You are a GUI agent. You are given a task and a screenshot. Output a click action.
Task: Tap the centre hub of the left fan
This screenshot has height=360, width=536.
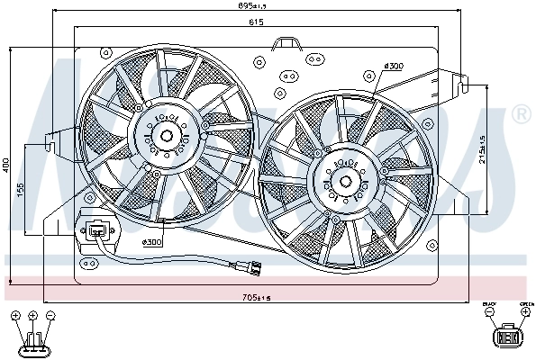click(x=167, y=137)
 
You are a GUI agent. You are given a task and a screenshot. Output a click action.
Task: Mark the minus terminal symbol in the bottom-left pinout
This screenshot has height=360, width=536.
click(x=50, y=316)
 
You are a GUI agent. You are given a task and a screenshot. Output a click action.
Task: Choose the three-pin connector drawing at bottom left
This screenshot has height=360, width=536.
click(x=32, y=342)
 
